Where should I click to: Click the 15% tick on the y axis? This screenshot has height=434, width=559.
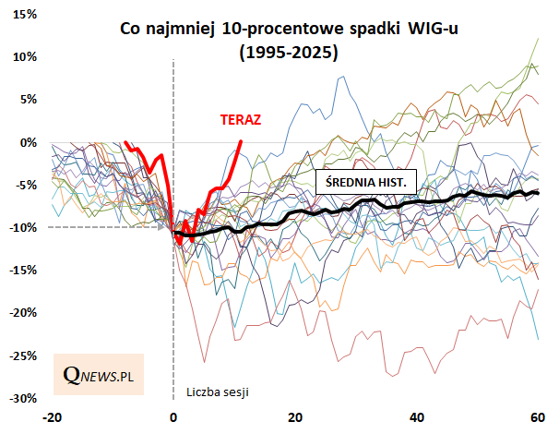coord(25,15)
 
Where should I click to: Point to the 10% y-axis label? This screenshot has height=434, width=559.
coord(25,57)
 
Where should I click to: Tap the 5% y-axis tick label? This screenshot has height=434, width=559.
coord(28,100)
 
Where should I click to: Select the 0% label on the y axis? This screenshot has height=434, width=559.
coord(28,142)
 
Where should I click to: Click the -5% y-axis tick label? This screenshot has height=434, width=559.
coord(26,185)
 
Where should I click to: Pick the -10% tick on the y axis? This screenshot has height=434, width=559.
coord(22,227)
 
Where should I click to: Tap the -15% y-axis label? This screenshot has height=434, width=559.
coord(22,270)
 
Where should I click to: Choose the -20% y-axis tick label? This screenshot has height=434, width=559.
coord(22,313)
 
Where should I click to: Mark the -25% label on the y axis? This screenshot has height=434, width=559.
coord(22,356)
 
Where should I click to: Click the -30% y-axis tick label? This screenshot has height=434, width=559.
coord(22,398)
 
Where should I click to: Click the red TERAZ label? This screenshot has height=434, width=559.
coord(241,119)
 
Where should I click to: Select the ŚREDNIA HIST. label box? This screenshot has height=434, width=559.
coord(366,182)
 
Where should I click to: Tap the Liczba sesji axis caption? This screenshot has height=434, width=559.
coord(218,391)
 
